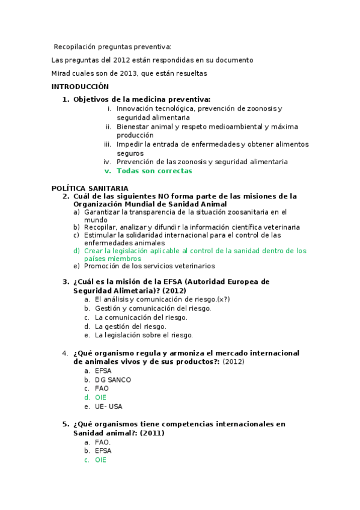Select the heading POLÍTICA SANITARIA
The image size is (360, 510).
point(90,188)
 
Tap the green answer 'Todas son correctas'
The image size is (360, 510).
point(154,171)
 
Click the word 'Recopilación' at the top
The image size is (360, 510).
point(77,47)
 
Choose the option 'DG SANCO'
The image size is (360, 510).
point(113,379)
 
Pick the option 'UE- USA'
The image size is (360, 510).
point(108,407)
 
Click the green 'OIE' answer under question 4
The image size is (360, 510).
point(100,398)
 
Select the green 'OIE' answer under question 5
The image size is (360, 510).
point(100,459)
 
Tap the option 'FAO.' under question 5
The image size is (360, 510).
point(103,442)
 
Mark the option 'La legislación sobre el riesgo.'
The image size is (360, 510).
point(144,335)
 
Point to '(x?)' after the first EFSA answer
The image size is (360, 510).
point(223,300)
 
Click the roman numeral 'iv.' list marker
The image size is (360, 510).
point(108,162)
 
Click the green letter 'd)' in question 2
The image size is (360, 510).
point(76,250)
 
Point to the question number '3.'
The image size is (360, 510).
point(66,281)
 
